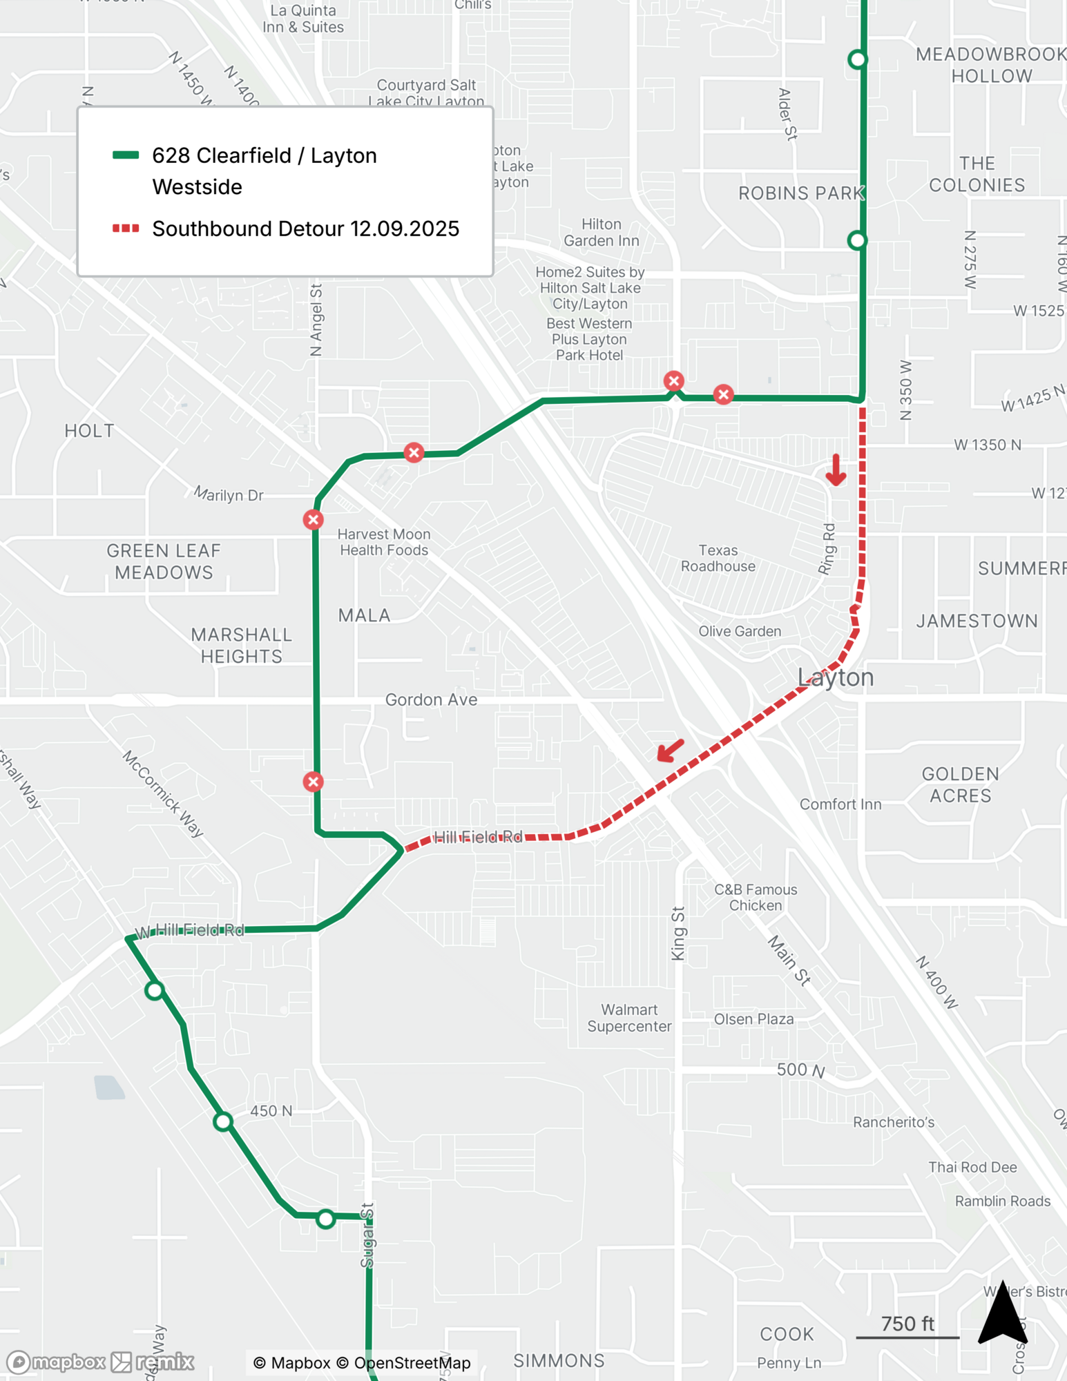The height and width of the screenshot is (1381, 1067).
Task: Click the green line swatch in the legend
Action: pos(126,155)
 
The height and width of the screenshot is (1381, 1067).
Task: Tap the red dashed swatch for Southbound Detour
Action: pos(126,229)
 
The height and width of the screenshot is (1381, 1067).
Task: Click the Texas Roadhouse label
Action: pos(718,558)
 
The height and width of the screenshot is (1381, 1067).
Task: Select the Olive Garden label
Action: pos(739,631)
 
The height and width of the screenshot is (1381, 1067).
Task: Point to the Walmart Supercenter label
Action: pos(628,1018)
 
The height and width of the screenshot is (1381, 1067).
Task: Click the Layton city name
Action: pos(835,677)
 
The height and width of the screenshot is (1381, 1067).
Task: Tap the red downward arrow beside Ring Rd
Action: pos(836,470)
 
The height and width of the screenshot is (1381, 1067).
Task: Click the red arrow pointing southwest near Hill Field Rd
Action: pos(670,750)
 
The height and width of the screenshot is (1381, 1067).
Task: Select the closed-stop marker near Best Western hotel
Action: pos(673,381)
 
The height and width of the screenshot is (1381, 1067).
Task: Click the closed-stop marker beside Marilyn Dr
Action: pos(313,519)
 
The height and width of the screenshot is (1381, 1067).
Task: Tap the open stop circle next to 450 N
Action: pos(222,1121)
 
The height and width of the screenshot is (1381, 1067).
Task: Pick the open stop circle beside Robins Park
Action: pos(856,240)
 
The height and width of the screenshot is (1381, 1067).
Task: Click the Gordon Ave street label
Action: pos(431,699)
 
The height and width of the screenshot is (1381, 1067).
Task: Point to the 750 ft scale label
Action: pos(907,1324)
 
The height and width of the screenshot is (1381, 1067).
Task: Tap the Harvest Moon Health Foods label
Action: pos(383,542)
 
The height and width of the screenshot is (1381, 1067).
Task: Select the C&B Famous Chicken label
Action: pos(755,898)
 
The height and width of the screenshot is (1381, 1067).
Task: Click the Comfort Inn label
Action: pos(840,804)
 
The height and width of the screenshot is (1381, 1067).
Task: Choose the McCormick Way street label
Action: pos(163,794)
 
